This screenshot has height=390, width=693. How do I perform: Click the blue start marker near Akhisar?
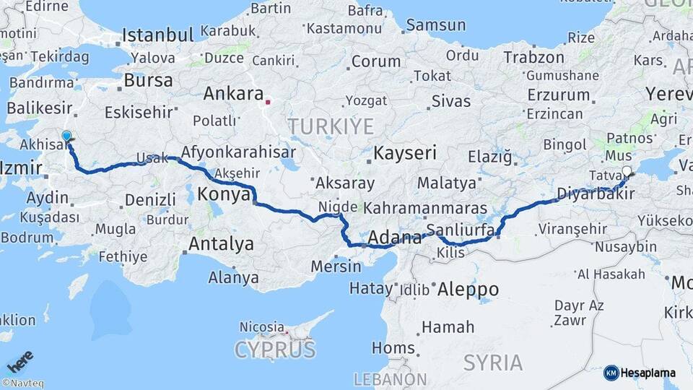[x=66, y=136]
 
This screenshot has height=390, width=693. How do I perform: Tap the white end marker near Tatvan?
[x=627, y=171]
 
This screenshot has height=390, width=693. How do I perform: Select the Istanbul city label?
[x=157, y=35]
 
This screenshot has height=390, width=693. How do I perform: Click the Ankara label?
[x=232, y=93]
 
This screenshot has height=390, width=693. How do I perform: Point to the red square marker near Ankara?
[x=268, y=102]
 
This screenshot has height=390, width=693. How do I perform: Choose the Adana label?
[x=394, y=237]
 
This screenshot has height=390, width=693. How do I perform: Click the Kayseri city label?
[x=405, y=153]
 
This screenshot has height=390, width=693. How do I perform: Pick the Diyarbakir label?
[x=596, y=193]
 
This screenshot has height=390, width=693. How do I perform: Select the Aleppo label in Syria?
[x=468, y=289]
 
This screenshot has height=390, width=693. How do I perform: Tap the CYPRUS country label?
[x=275, y=350]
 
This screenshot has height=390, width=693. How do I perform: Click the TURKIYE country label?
[x=331, y=126]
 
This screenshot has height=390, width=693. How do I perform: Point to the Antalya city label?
[x=221, y=244]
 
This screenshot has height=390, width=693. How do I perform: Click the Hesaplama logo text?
[x=649, y=373]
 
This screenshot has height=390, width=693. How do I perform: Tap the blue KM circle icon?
[x=611, y=373]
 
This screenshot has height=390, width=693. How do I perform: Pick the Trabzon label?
[x=533, y=57]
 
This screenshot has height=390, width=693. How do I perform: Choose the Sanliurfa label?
[x=460, y=230]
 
